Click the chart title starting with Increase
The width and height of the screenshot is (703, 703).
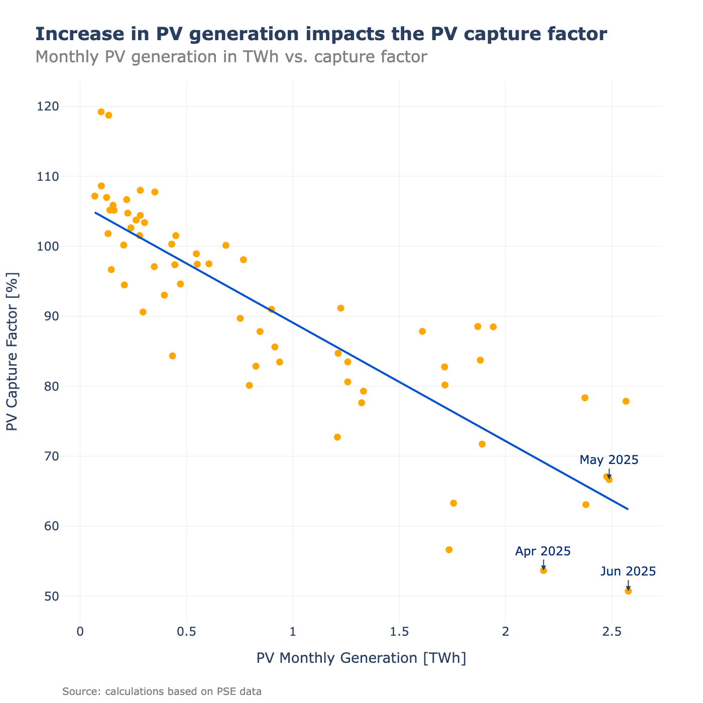pyautogui.click(x=321, y=34)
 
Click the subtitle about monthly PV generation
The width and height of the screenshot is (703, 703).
pyautogui.click(x=231, y=57)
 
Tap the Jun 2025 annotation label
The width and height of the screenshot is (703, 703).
pyautogui.click(x=628, y=571)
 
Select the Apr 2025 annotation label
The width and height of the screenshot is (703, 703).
pyautogui.click(x=543, y=551)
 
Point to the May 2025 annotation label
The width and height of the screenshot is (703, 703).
pyautogui.click(x=609, y=460)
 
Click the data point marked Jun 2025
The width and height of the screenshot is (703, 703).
pyautogui.click(x=628, y=591)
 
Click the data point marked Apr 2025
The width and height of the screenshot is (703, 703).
pyautogui.click(x=543, y=570)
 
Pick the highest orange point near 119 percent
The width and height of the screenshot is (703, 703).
pyautogui.click(x=101, y=112)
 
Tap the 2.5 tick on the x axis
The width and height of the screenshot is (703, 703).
pyautogui.click(x=612, y=631)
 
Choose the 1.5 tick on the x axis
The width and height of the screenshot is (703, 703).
pyautogui.click(x=399, y=631)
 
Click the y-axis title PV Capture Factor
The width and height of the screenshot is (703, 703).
pyautogui.click(x=12, y=351)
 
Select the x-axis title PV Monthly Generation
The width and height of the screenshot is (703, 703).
pyautogui.click(x=361, y=658)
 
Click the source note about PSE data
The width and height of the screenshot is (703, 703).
pyautogui.click(x=162, y=691)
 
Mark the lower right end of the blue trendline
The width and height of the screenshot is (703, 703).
pyautogui.click(x=628, y=509)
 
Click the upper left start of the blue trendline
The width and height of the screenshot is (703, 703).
pyautogui.click(x=95, y=212)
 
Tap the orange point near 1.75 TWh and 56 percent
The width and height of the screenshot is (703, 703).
pyautogui.click(x=449, y=550)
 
